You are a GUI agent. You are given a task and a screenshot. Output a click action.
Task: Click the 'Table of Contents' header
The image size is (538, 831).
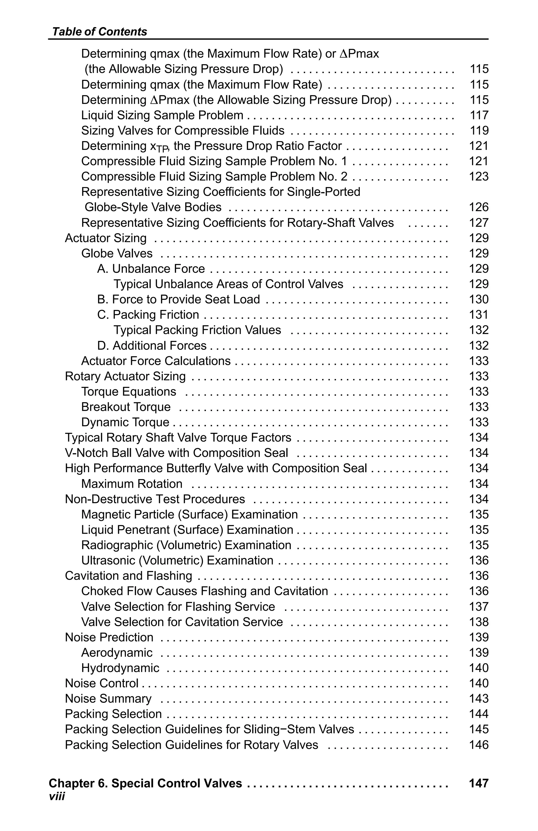click(99, 32)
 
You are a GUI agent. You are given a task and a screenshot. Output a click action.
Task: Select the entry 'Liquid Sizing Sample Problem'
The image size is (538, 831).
click(162, 115)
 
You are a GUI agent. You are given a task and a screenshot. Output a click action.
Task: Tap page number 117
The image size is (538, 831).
click(479, 115)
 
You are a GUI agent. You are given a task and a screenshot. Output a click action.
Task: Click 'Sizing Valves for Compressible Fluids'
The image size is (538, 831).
click(183, 131)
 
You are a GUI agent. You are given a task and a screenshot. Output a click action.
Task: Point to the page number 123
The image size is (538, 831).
click(479, 177)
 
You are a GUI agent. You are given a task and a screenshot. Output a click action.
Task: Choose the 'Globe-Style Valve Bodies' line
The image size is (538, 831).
click(153, 207)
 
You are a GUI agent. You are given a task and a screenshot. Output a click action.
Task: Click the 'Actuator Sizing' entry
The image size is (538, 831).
click(106, 238)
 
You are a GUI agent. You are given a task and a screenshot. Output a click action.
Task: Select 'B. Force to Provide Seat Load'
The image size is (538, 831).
click(178, 300)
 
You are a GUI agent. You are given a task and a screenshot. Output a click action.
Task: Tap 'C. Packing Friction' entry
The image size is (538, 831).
click(148, 315)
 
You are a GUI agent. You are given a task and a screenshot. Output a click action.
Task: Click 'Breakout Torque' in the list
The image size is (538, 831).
click(126, 407)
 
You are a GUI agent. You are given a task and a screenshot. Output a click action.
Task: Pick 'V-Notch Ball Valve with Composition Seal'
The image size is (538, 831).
click(176, 453)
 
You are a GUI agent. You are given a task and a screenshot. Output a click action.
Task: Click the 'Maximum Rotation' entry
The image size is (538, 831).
click(132, 484)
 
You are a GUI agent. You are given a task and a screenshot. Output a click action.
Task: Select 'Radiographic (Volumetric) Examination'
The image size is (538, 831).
click(186, 546)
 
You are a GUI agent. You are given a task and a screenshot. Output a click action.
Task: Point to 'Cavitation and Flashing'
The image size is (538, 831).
click(128, 576)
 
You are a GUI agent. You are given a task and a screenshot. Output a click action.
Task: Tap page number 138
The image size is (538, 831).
click(479, 622)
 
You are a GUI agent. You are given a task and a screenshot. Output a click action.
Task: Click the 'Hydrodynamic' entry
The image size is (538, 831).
click(120, 668)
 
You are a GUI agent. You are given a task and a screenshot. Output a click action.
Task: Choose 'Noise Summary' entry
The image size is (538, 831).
click(108, 699)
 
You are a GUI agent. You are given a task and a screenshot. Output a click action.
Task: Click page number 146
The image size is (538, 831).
click(479, 745)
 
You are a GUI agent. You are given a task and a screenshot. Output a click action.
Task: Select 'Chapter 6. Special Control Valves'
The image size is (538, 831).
click(145, 783)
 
